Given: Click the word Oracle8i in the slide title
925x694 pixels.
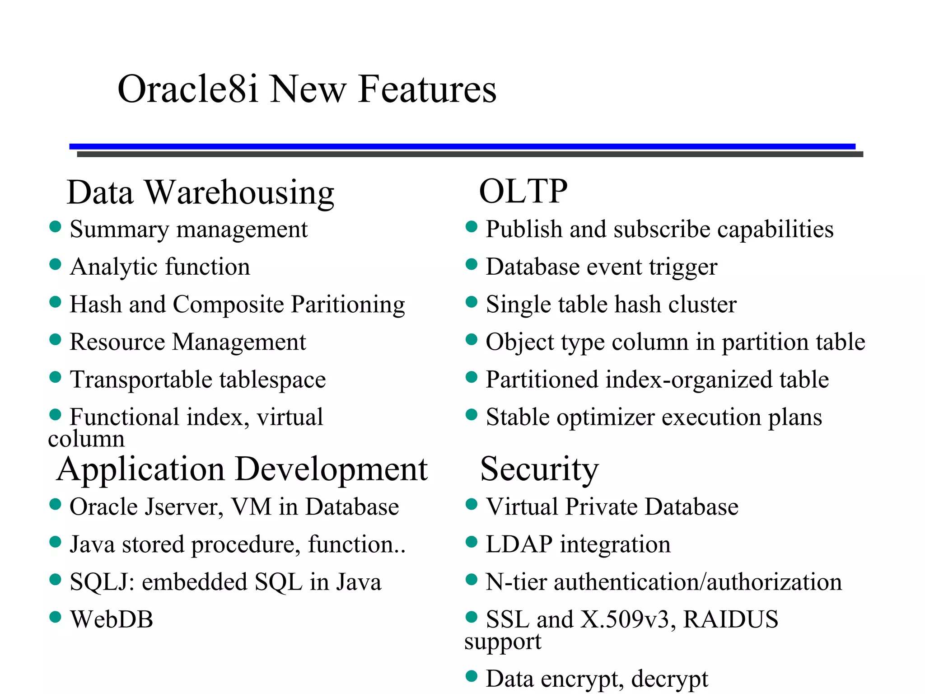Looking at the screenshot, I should pos(187,89).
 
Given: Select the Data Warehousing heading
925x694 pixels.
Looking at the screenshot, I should pos(200,192).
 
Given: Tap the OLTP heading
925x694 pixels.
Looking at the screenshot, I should pos(523,192).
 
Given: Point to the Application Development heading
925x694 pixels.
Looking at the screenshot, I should pos(242,470).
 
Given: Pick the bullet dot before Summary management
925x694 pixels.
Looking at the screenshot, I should pos(55,226).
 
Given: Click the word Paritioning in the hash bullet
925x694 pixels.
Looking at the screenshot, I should pos(348,305).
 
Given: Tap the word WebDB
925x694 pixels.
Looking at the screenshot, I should pos(112,619).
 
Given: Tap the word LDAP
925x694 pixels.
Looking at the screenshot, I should pos(519,544).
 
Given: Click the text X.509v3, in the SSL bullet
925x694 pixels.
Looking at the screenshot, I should pos(628,619).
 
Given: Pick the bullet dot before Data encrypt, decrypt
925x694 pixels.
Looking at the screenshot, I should pos(471,676).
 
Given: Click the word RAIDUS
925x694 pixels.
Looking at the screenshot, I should pos(730,619).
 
